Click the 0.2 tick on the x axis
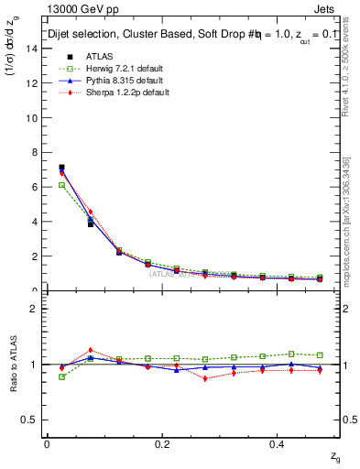162,444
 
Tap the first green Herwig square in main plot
61,185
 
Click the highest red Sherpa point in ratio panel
90,350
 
